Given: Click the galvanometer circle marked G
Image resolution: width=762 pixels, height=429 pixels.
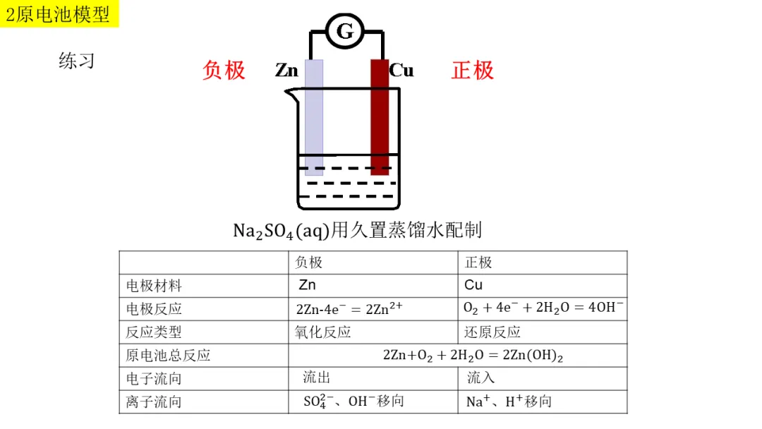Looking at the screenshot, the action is coord(344,31).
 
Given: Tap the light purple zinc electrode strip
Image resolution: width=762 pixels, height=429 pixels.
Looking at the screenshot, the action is coord(314,116).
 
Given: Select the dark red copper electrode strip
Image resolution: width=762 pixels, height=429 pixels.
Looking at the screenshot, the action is coord(380,116).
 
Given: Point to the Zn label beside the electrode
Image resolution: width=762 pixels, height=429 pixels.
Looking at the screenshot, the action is coord(287,71).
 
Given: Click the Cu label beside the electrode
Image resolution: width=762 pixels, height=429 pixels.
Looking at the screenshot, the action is coord(401,71).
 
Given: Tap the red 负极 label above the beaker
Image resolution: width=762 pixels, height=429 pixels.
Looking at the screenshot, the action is coord(224,70).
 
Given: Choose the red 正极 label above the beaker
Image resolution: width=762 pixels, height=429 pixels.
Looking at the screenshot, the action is coord(473,70).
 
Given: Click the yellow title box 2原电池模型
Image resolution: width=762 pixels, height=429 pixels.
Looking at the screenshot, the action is coord(59,14).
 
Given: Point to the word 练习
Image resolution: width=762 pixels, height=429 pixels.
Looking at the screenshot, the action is coord(76,61).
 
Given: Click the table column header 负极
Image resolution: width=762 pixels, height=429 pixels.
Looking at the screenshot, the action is coord(308,262).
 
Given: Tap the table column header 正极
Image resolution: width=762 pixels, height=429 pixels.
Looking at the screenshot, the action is coord(478,262).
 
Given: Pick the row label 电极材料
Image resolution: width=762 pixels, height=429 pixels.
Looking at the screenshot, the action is coord(154,286).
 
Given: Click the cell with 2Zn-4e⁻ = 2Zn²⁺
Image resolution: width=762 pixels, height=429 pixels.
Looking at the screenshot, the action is coord(350,308).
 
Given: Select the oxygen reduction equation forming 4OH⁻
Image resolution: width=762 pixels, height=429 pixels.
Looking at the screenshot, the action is coord(543,308).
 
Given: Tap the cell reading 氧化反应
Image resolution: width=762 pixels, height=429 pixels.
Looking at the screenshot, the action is coord(323,332).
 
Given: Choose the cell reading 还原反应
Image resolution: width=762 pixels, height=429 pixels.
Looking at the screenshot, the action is coord(492,332).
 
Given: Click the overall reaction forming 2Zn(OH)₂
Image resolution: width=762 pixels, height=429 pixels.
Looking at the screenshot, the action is coord(473,355).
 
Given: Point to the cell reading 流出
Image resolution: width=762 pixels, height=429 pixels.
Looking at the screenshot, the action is coord(316,378).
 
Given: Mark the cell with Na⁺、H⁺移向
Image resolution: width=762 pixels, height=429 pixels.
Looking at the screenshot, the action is coord(508,401).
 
